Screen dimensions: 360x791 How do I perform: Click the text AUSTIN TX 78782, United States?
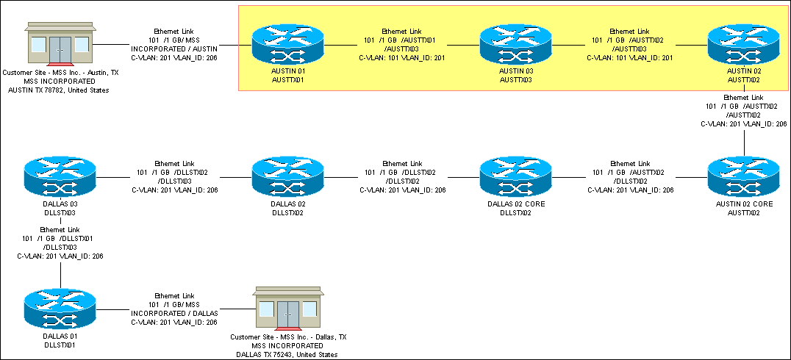point(59,90)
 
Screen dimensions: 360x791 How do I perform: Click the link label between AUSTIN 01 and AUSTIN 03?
point(401,44)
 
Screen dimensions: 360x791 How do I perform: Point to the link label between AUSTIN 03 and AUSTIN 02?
point(629,44)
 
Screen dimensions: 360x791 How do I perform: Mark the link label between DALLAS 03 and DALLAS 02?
point(174,177)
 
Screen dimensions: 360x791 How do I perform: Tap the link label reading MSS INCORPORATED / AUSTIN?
point(174,44)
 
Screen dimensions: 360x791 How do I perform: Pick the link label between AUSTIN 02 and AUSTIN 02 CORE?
point(744,111)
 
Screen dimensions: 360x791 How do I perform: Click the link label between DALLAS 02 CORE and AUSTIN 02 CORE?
point(629,177)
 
